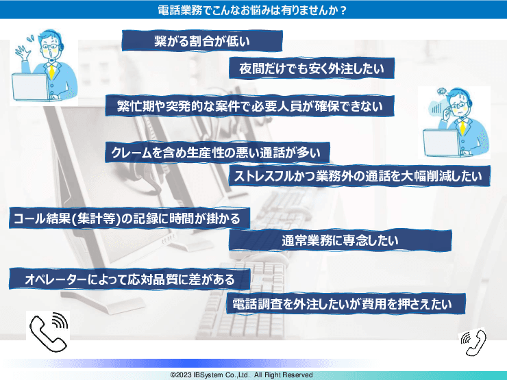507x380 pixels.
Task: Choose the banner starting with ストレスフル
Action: [x=358, y=175]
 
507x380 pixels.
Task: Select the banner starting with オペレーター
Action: [x=129, y=279]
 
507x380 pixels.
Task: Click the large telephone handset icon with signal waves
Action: [x=48, y=331]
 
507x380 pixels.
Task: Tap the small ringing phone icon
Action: [x=473, y=341]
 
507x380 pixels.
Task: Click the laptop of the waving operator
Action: [x=31, y=87]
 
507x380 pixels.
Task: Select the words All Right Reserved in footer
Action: [x=284, y=375]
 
